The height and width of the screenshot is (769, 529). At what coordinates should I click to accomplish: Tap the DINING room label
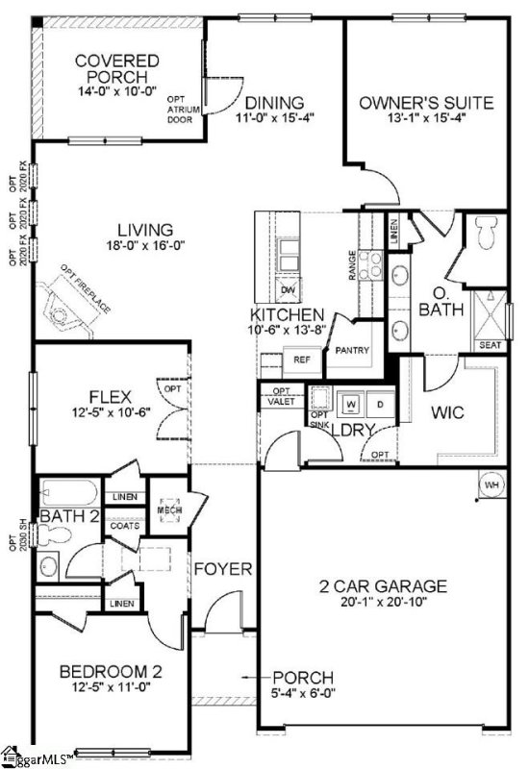(274, 103)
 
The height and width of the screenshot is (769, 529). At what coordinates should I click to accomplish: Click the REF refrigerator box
(301, 360)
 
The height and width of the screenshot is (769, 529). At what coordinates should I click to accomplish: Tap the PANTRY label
(352, 351)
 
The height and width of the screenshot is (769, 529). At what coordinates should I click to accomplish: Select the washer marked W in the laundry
(351, 404)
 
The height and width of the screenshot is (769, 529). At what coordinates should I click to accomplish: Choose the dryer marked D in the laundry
(379, 404)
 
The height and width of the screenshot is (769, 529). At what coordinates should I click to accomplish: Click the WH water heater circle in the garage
(492, 484)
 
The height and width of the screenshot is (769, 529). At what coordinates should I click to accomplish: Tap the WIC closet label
(447, 412)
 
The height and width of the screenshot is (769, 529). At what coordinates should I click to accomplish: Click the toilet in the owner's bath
(485, 232)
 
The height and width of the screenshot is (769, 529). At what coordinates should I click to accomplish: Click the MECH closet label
(170, 509)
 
